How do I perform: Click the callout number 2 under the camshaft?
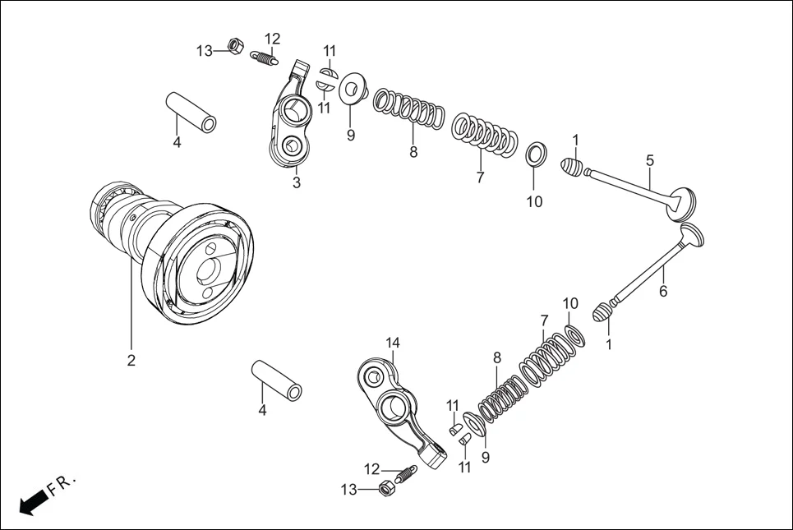pyautogui.click(x=131, y=360)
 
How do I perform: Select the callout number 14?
pyautogui.click(x=393, y=343)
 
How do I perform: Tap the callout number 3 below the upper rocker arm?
pyautogui.click(x=297, y=182)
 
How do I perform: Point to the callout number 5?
pyautogui.click(x=649, y=159)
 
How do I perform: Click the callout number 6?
pyautogui.click(x=662, y=291)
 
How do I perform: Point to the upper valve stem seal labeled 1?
pyautogui.click(x=573, y=168)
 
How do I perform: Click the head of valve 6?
pyautogui.click(x=692, y=238)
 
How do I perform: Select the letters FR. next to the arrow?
pyautogui.click(x=62, y=484)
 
